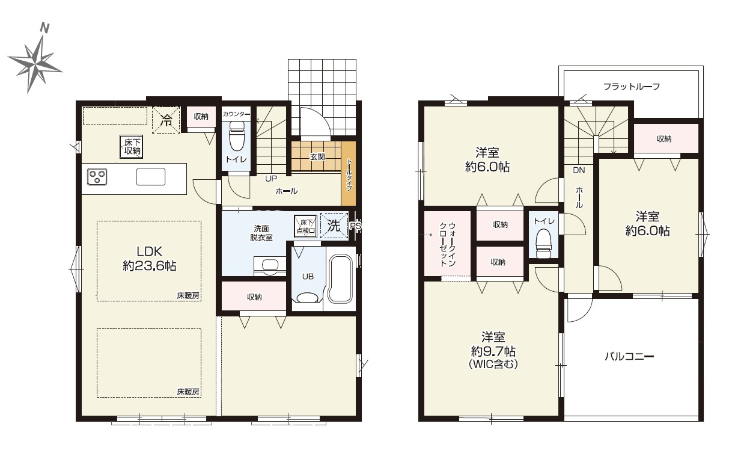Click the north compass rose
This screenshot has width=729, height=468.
point(35,64)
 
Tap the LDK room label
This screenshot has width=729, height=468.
point(150,251)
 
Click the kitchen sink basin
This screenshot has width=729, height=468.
point(151,177)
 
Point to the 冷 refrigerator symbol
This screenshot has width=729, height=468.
point(166,120)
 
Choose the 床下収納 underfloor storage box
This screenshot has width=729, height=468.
point(132,147)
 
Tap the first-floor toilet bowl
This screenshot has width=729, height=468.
point(237,136)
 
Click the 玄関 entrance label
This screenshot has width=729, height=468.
point(317,157)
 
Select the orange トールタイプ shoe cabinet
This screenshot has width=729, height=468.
point(349,174)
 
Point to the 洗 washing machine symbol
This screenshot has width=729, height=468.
point(334,226)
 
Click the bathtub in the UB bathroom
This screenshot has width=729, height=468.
point(340,279)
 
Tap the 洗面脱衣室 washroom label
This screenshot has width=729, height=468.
point(261,233)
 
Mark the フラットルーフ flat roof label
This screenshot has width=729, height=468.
point(632,87)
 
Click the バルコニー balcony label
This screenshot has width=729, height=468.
point(629,357)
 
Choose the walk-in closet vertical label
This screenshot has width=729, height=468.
point(448,244)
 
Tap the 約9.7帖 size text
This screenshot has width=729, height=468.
point(493,351)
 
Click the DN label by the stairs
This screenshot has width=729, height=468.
point(579,170)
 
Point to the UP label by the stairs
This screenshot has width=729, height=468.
point(271,179)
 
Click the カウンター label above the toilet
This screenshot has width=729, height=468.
point(236,114)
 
